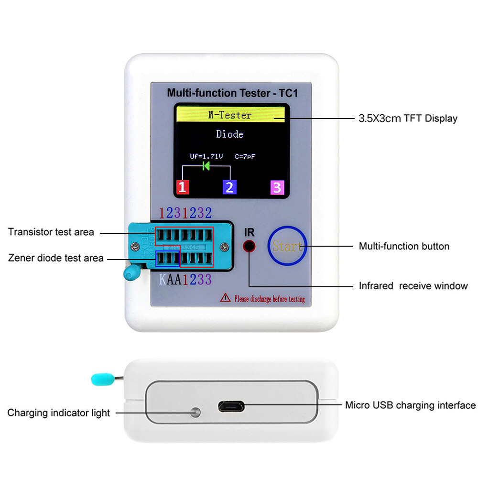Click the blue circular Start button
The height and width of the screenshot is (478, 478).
click(x=287, y=246)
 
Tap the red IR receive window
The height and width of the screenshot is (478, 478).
click(x=249, y=247)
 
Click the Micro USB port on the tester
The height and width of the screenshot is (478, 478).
click(x=231, y=407)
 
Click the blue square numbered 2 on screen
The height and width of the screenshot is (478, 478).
click(x=230, y=187)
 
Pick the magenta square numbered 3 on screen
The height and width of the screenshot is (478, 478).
click(x=277, y=187)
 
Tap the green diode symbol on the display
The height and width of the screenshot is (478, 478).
click(x=206, y=166)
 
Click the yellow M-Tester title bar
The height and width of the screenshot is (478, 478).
click(x=230, y=115)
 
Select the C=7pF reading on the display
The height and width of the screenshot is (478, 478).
click(x=248, y=156)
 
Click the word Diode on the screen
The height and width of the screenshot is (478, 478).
click(x=230, y=134)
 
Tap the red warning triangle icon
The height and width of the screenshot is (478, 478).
click(x=225, y=298)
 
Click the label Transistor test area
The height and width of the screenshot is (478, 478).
click(x=51, y=232)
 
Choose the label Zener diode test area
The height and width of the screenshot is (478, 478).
click(x=56, y=258)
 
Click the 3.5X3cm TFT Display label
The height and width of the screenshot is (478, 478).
click(x=408, y=119)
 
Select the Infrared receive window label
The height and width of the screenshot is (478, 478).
click(x=413, y=286)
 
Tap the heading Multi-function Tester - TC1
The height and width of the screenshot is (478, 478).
click(x=232, y=93)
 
